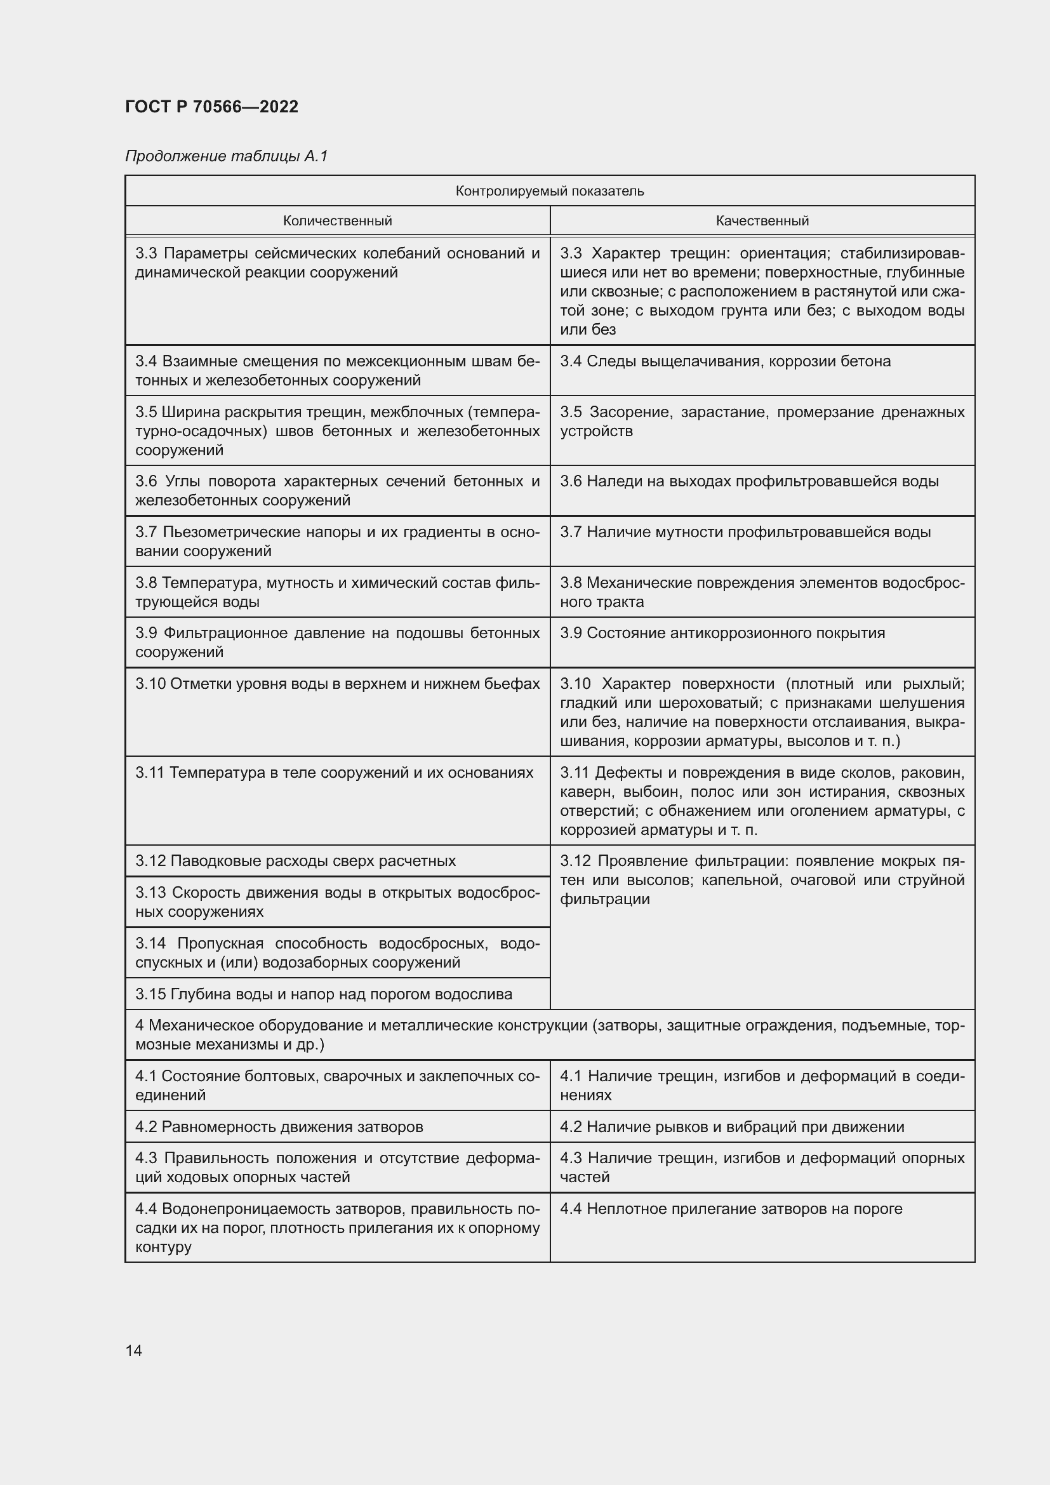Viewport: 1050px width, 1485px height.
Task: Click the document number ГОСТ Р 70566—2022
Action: click(x=211, y=107)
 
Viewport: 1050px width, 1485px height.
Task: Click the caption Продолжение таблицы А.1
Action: click(x=226, y=156)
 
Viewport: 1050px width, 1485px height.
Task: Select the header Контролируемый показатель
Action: click(x=550, y=191)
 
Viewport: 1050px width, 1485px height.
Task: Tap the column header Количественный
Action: click(x=337, y=220)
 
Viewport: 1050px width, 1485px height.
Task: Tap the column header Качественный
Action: click(x=762, y=220)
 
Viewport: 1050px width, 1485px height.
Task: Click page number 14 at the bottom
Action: click(x=134, y=1350)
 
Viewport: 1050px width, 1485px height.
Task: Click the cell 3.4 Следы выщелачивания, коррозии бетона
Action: click(x=725, y=361)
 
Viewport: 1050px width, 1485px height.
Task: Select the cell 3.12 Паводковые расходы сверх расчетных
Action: click(x=295, y=861)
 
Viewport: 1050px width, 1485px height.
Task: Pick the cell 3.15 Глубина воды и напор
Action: click(x=323, y=994)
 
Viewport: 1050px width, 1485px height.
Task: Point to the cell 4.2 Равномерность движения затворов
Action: click(x=279, y=1127)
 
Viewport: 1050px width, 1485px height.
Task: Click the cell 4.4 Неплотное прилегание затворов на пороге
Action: click(x=731, y=1209)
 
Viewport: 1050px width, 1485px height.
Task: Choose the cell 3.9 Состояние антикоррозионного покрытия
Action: click(x=722, y=633)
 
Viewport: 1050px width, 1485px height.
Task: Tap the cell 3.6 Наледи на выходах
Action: click(x=748, y=481)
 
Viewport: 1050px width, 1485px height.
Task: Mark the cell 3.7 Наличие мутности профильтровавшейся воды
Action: click(x=745, y=532)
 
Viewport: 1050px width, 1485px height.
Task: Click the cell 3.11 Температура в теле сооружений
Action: click(x=335, y=773)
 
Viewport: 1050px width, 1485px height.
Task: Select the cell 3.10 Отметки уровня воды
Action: click(x=337, y=684)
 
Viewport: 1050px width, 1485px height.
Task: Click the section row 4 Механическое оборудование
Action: click(x=550, y=1035)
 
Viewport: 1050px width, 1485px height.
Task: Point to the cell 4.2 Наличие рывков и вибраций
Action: click(x=732, y=1127)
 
